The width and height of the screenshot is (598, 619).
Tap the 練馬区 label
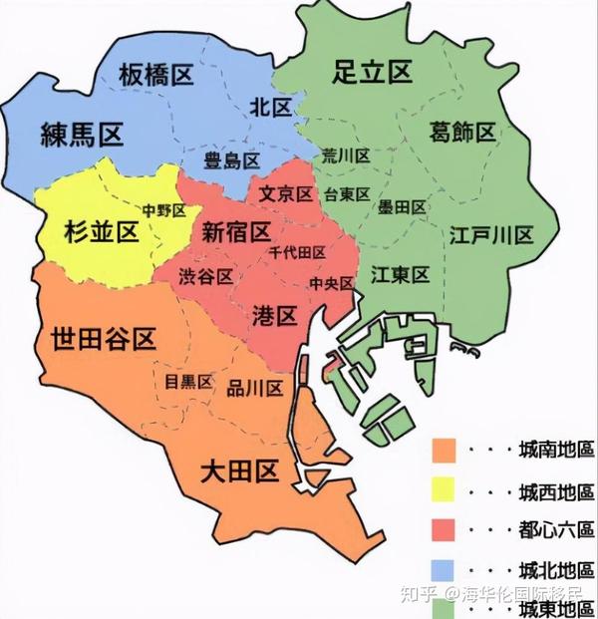click(x=82, y=135)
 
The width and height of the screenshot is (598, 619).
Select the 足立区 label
click(x=372, y=71)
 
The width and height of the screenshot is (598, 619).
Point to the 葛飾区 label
click(x=462, y=131)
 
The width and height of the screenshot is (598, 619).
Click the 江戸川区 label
click(x=491, y=235)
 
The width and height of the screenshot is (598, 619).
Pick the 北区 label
click(x=269, y=106)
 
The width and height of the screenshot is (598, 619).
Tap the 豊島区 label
click(x=231, y=159)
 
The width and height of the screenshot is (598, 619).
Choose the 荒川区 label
click(x=346, y=156)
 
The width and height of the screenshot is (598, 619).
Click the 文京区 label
click(x=285, y=193)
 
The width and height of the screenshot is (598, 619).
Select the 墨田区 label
click(x=402, y=206)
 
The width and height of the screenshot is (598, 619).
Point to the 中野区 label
click(x=163, y=210)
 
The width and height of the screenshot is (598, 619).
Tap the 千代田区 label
click(x=297, y=253)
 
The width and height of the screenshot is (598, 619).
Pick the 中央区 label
click(x=332, y=283)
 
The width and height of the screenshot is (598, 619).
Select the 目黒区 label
click(x=189, y=382)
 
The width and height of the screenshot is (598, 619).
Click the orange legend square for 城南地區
click(x=444, y=452)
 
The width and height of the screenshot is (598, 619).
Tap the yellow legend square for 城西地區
click(x=444, y=489)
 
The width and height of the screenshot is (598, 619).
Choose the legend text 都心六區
click(x=556, y=527)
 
